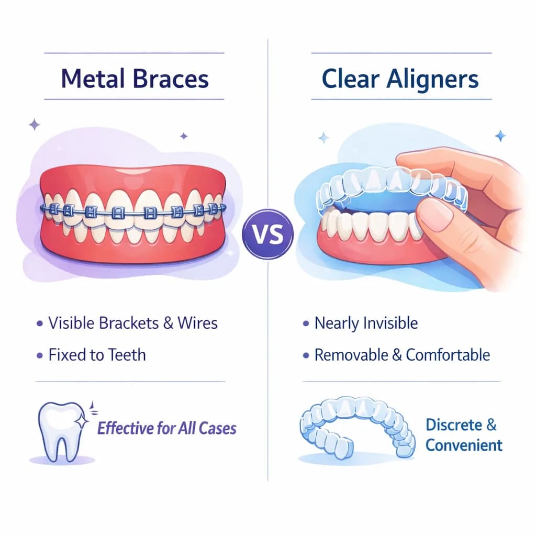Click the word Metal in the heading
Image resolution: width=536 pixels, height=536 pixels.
point(91,79)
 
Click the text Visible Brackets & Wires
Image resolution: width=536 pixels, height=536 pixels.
point(133,323)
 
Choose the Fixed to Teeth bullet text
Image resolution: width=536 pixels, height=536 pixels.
point(97,355)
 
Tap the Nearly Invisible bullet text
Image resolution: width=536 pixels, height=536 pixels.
point(366,323)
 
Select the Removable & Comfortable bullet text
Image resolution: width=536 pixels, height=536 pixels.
point(402,355)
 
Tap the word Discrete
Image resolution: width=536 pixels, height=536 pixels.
point(455,424)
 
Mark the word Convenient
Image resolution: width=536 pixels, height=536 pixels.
point(464,445)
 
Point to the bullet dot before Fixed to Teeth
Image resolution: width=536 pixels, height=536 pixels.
point(39,355)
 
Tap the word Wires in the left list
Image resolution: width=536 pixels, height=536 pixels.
point(198,323)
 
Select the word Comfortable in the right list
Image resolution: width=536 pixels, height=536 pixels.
point(448,355)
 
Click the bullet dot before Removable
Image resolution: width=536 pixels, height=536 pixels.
point(306,356)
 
